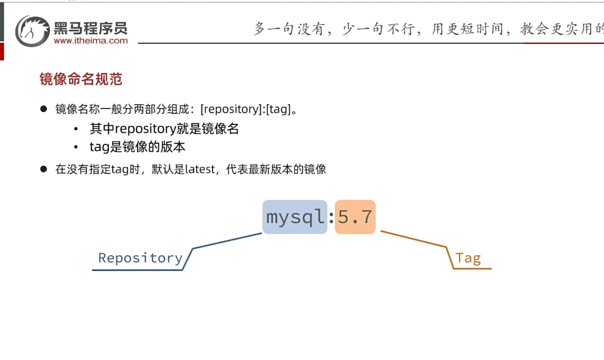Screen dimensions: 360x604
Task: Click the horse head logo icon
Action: pos(32,30)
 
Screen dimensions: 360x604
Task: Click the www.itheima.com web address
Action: pos(91,41)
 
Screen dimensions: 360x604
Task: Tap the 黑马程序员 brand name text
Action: pos(91,27)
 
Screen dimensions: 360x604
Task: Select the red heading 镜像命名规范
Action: pos(81,79)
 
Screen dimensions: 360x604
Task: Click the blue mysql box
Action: pos(295,217)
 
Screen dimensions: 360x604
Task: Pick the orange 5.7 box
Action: pos(355,217)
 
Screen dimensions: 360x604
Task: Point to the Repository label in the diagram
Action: pos(140,258)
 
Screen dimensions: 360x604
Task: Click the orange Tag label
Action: pos(468,258)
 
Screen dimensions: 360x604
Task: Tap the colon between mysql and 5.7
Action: pos(331,217)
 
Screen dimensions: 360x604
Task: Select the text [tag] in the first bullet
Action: pos(277,109)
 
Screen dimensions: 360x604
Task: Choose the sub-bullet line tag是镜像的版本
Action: pos(138,147)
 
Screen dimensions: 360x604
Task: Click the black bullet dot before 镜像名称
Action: pos(43,109)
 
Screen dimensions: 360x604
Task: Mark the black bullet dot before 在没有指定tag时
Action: pos(43,169)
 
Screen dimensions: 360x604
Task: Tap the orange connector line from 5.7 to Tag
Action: pos(414,239)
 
